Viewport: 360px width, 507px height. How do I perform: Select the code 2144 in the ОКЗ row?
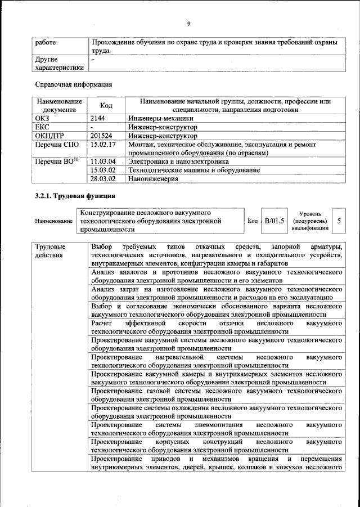tap(98, 119)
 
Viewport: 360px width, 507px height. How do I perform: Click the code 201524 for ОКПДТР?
tap(102, 136)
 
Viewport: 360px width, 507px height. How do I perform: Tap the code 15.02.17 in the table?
tap(103, 145)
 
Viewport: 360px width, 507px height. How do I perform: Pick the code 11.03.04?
tap(103, 161)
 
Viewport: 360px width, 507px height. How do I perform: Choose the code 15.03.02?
tap(103, 170)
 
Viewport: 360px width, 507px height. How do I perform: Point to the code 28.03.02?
tap(103, 178)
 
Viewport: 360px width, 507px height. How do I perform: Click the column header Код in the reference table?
tap(106, 105)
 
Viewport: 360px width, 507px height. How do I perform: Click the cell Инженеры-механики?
tap(161, 119)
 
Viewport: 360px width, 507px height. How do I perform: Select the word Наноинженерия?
tap(153, 178)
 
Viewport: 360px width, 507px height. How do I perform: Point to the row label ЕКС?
tap(43, 127)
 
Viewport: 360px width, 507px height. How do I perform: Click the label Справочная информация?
tap(74, 85)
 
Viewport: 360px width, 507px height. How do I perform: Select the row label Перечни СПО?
tap(55, 145)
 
